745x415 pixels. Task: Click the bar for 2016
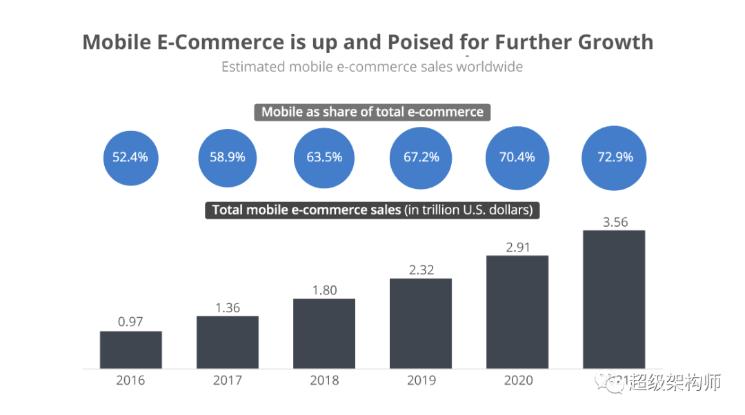click(x=130, y=350)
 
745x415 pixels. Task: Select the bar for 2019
click(x=420, y=323)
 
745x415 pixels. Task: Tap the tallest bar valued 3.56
click(x=614, y=299)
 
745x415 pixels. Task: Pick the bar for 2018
click(x=324, y=334)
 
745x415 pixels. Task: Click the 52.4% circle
click(x=130, y=157)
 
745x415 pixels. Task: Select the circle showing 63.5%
click(x=324, y=157)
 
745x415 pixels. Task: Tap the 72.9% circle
click(x=615, y=157)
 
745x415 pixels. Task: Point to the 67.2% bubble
click(x=421, y=157)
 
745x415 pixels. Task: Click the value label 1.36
click(x=227, y=307)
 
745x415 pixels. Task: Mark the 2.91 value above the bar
click(x=517, y=247)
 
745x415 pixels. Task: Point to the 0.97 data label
click(x=130, y=323)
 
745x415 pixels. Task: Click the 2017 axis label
click(x=227, y=380)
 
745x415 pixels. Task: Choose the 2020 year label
click(x=517, y=380)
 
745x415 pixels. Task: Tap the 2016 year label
click(x=130, y=380)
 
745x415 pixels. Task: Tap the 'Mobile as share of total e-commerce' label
click(x=372, y=112)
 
